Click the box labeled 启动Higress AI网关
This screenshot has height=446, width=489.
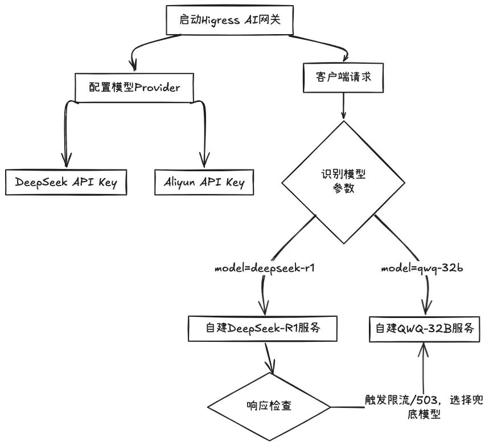(229, 20)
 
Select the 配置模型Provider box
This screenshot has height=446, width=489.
(134, 88)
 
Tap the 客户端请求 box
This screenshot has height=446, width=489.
(343, 77)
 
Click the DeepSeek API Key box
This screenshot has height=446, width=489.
(66, 183)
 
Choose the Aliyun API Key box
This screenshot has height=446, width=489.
(204, 183)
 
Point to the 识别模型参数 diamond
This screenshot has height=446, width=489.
(343, 182)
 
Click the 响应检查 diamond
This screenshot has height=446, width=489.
(269, 407)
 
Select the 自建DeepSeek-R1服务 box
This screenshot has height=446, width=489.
(262, 328)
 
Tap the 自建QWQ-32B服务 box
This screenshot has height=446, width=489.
(425, 329)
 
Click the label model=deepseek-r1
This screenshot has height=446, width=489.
(265, 269)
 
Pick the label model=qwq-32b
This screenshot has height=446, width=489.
(422, 269)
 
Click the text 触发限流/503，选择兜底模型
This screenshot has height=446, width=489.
(424, 406)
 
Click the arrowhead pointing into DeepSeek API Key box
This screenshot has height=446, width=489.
(66, 160)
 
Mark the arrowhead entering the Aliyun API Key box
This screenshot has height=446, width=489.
(204, 160)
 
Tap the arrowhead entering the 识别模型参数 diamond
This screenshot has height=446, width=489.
(343, 115)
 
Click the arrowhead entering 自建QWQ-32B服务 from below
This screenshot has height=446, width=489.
(424, 349)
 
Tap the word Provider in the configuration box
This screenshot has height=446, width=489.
(157, 88)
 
